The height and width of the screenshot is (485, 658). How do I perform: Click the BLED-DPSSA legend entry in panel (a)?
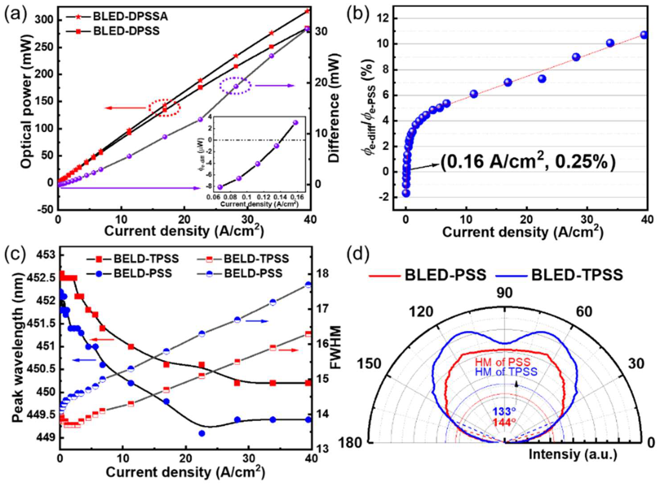(x=130, y=17)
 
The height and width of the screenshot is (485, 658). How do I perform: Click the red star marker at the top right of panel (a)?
(x=307, y=11)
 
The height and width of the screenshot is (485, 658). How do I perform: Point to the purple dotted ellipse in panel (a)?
(x=236, y=86)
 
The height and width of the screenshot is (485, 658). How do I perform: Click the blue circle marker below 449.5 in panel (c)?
(x=202, y=433)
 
